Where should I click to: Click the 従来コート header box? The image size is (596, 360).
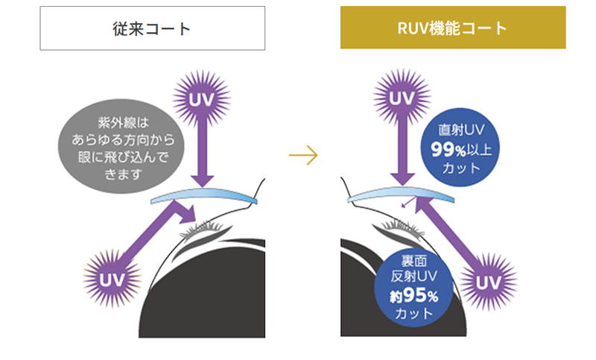(152, 28)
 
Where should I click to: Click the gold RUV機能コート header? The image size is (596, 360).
(453, 28)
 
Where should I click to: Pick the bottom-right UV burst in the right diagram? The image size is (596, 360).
(488, 282)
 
